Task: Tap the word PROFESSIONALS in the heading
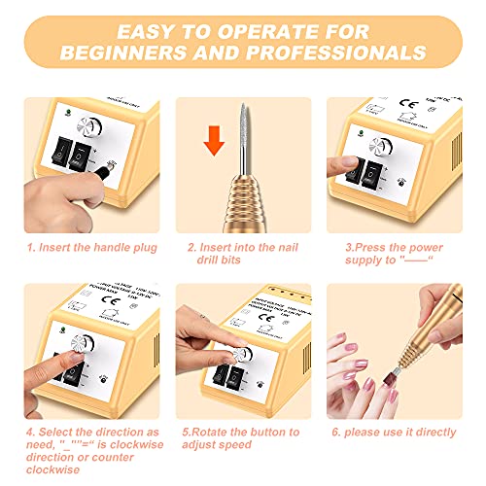click(x=333, y=51)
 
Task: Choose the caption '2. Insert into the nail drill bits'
click(x=243, y=256)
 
